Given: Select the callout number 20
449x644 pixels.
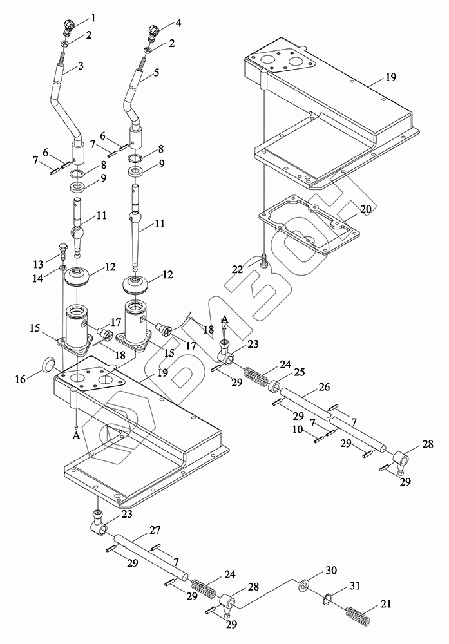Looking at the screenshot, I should click(x=365, y=209).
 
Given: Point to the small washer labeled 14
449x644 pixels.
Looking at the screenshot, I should click(x=62, y=268).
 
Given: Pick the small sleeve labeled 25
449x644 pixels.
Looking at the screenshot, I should click(x=273, y=386).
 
